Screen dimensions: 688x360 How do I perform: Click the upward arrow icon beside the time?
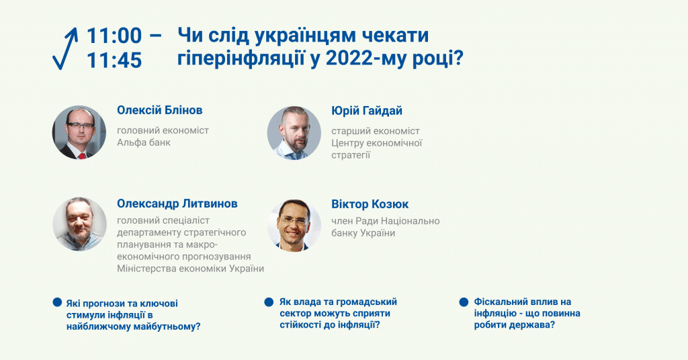pos(65,48)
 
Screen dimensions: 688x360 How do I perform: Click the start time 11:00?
pos(114,36)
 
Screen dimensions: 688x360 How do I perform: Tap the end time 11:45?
pos(114,60)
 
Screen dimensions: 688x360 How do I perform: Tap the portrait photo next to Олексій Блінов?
pos(79,132)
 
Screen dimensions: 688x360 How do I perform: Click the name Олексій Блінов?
pos(160,110)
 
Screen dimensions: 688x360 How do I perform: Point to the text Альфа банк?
pos(144,142)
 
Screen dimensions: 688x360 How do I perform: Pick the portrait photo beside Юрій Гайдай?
pos(294,132)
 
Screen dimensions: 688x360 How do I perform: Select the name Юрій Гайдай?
pos(367,111)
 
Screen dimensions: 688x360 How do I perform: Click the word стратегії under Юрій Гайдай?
pos(351,155)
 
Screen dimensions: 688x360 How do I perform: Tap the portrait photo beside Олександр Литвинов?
pos(79,224)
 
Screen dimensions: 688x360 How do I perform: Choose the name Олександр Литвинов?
pos(177,204)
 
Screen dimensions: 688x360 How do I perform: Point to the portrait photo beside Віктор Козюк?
pos(294,225)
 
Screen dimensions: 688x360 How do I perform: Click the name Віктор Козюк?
pos(370,204)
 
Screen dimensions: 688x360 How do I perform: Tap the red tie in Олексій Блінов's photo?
pos(82,156)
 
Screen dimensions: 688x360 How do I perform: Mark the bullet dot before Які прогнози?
pos(57,302)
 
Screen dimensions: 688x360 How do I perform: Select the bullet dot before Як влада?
pos(269,302)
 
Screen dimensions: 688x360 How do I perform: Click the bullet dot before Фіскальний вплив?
pos(464,302)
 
